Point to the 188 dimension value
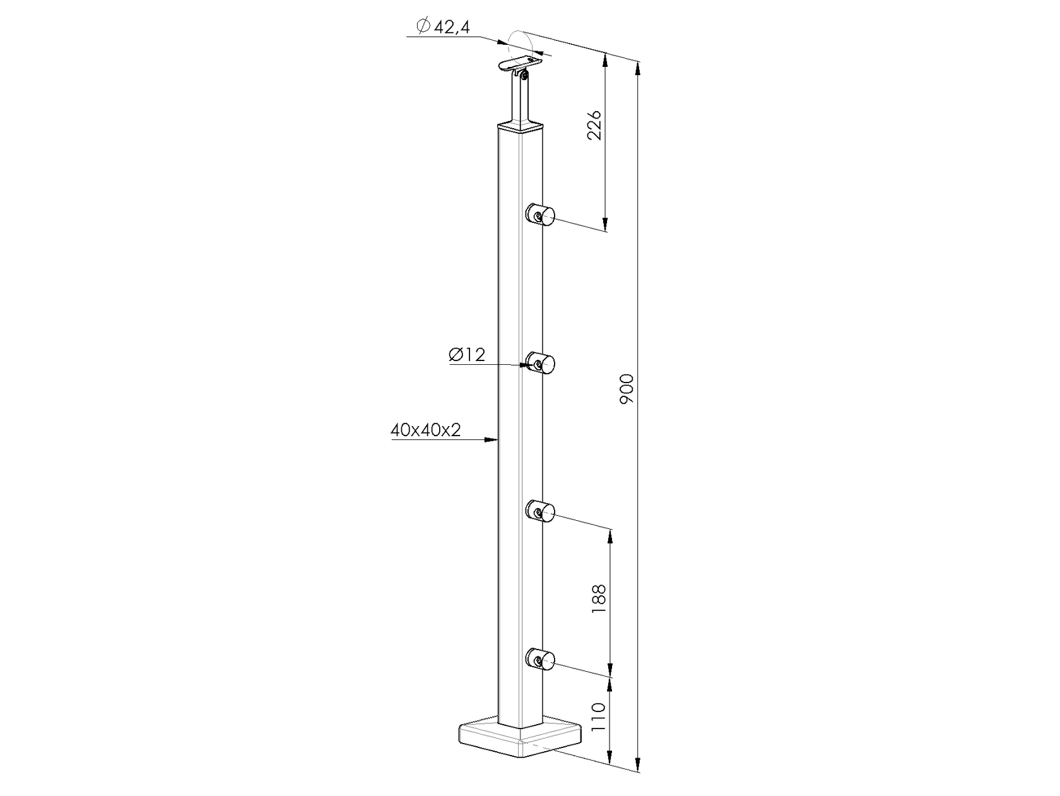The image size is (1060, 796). click(599, 597)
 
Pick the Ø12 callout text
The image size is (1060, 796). click(467, 355)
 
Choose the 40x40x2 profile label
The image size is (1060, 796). click(426, 431)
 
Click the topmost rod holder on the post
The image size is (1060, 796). click(541, 215)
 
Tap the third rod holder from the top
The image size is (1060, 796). click(541, 511)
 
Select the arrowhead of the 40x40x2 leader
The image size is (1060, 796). click(493, 439)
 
